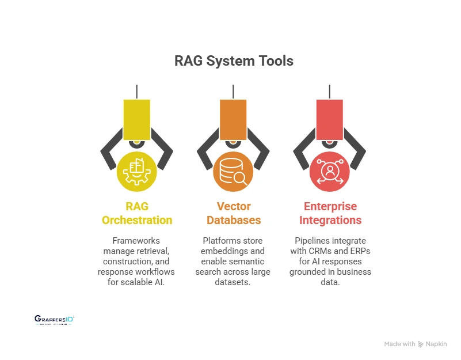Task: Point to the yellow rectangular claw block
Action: coord(136,119)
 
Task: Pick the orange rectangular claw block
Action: coord(233,119)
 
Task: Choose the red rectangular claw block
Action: coord(329,119)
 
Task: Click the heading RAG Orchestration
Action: coord(137,213)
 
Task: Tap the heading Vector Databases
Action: coord(233,213)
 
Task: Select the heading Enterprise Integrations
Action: coord(330,213)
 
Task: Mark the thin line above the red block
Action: coord(329,91)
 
